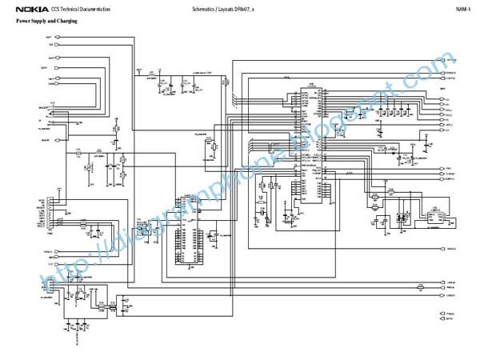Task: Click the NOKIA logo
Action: (x=30, y=9)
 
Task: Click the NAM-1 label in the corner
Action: (x=462, y=9)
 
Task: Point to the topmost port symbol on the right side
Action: (x=450, y=60)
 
